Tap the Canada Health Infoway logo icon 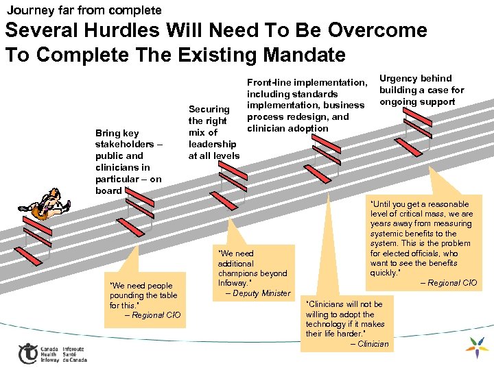[x=27, y=353]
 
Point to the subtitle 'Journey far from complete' [x=84, y=10]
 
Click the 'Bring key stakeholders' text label [x=128, y=162]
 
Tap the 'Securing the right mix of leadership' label [x=213, y=132]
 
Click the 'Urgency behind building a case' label [x=421, y=90]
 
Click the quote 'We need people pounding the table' [x=143, y=295]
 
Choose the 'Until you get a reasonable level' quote [x=421, y=238]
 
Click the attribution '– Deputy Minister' [x=257, y=293]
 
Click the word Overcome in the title [x=377, y=31]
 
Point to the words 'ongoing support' [x=417, y=102]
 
